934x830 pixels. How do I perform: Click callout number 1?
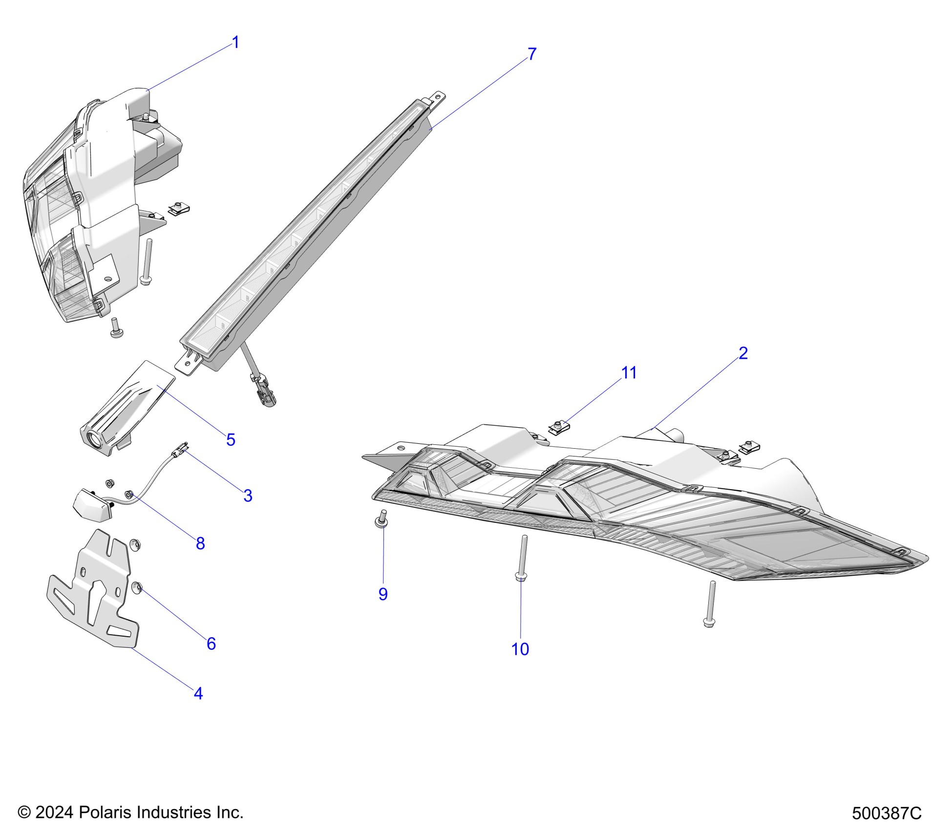click(x=235, y=43)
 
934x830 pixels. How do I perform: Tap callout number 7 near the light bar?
click(x=532, y=54)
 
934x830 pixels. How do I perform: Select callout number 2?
click(x=743, y=353)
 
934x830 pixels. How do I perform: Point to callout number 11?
click(x=629, y=373)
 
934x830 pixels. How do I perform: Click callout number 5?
click(x=231, y=439)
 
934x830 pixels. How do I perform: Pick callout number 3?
click(x=248, y=496)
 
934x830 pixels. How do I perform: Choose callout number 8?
click(x=200, y=543)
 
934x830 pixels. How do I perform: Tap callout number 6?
click(x=211, y=643)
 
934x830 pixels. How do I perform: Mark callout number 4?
click(x=198, y=693)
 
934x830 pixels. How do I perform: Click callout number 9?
click(x=383, y=594)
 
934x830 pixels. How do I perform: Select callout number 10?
click(x=520, y=649)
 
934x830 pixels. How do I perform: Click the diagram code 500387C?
click(x=887, y=813)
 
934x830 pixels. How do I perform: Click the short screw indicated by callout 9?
click(x=382, y=518)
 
